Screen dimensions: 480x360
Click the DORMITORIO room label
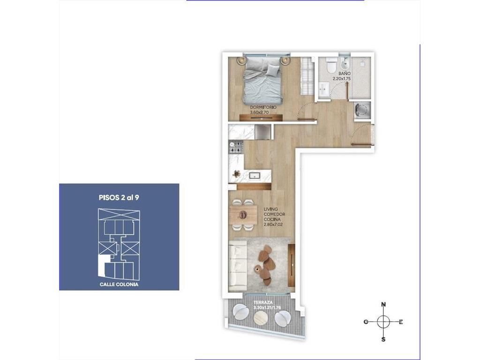click(263, 107)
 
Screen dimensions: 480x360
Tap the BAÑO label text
click(345, 74)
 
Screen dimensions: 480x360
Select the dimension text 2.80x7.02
click(274, 225)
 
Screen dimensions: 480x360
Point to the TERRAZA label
click(262, 302)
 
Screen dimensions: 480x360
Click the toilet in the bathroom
click(330, 65)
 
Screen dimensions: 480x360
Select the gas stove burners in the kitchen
click(236, 147)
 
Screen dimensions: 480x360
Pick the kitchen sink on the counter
click(255, 175)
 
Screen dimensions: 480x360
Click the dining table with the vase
click(243, 214)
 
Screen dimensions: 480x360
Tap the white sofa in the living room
click(238, 265)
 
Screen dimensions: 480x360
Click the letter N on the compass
click(383, 305)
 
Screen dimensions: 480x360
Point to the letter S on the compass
click(383, 339)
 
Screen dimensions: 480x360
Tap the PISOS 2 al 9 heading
click(119, 198)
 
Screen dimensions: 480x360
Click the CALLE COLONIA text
click(119, 285)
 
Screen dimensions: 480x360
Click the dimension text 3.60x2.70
click(260, 112)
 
